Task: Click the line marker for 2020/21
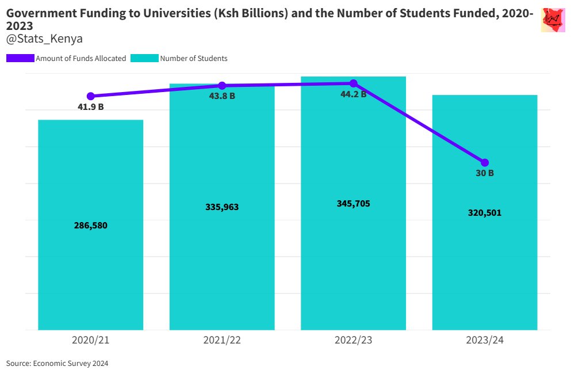pyautogui.click(x=90, y=96)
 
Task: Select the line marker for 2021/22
pyautogui.click(x=222, y=86)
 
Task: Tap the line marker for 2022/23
pyautogui.click(x=354, y=83)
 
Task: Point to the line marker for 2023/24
pyautogui.click(x=485, y=162)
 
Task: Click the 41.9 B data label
pyautogui.click(x=91, y=106)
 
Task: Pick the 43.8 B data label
pyautogui.click(x=222, y=96)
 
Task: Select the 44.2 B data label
pyautogui.click(x=354, y=94)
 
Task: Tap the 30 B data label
pyautogui.click(x=485, y=173)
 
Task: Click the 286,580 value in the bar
pyautogui.click(x=91, y=226)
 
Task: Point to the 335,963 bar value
pyautogui.click(x=222, y=207)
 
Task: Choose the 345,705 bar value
pyautogui.click(x=354, y=204)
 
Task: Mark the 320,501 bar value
pyautogui.click(x=485, y=213)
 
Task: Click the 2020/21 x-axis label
pyautogui.click(x=91, y=340)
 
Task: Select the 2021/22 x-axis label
pyautogui.click(x=222, y=340)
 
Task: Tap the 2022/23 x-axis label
pyautogui.click(x=354, y=340)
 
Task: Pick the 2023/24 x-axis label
pyautogui.click(x=485, y=340)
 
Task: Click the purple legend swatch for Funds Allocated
pyautogui.click(x=20, y=58)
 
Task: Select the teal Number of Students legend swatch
pyautogui.click(x=144, y=58)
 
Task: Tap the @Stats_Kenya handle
pyautogui.click(x=44, y=39)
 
